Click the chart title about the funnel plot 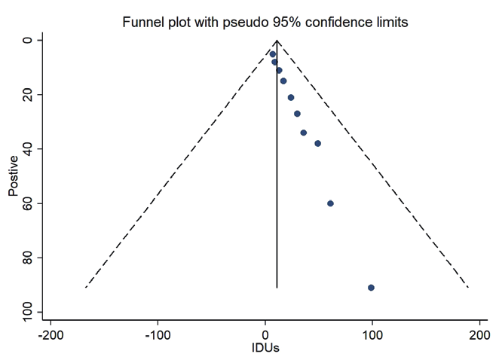point(265,23)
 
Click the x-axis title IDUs point(265,349)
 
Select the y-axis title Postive point(14,176)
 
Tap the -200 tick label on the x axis point(51,335)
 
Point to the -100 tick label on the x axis point(158,335)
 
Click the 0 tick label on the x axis point(265,335)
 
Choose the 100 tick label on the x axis point(372,335)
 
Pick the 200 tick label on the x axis point(479,335)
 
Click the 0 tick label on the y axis point(28,40)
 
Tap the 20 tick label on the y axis point(28,94)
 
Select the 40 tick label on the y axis point(28,149)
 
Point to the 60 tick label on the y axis point(28,203)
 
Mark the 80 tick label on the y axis point(28,258)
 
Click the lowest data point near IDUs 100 point(371,288)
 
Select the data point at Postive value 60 point(330,203)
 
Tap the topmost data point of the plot point(273,54)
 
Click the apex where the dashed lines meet point(277,40)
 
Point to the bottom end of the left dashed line point(86,287)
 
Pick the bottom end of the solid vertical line point(277,288)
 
